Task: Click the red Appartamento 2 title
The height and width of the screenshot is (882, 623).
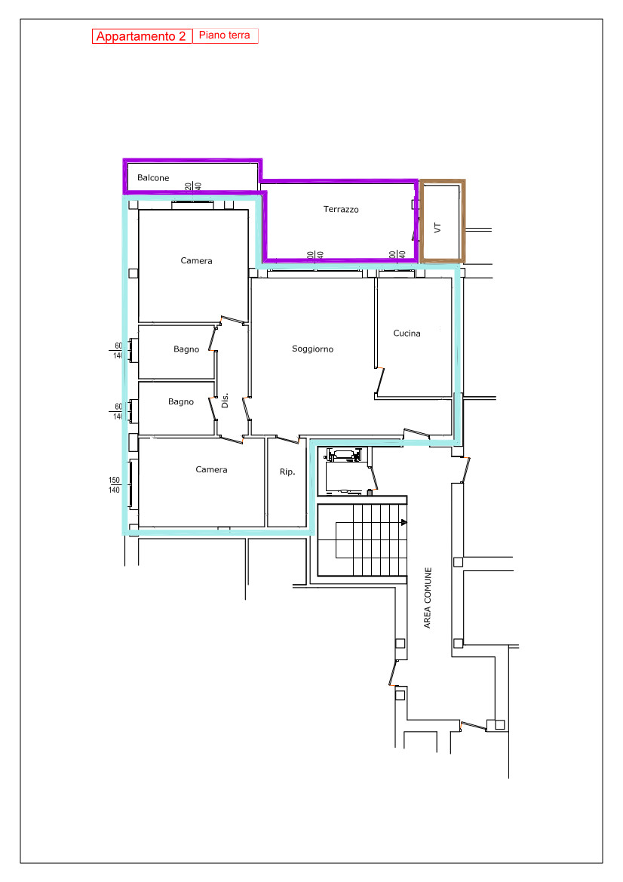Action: click(141, 36)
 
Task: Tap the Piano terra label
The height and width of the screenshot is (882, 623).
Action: click(224, 35)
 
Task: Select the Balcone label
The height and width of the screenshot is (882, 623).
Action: click(153, 178)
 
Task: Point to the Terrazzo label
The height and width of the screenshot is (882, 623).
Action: click(341, 209)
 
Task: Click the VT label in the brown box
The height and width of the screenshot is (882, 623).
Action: click(437, 228)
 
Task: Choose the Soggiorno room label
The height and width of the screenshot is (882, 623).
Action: click(312, 349)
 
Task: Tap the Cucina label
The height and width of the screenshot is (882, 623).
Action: click(407, 333)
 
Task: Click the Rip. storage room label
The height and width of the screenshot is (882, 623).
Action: click(287, 472)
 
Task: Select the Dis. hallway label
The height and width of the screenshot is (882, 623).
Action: click(225, 401)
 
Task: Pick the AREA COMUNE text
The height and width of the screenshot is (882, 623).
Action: click(428, 598)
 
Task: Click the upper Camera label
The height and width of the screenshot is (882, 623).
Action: click(196, 260)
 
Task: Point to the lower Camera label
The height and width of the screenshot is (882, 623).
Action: click(211, 469)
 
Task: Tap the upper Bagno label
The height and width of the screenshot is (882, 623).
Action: click(186, 349)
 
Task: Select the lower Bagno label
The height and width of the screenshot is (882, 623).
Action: click(180, 401)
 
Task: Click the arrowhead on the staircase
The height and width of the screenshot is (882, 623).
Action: click(404, 523)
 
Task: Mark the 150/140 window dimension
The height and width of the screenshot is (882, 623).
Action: click(114, 485)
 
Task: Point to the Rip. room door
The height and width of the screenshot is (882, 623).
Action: click(287, 439)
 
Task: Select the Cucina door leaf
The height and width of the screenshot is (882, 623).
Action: click(379, 381)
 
